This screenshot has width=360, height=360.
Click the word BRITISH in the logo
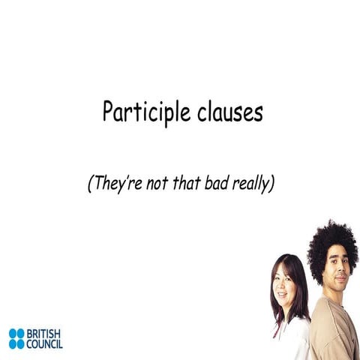pyautogui.click(x=44, y=333)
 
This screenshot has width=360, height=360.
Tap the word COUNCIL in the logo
pyautogui.click(x=45, y=343)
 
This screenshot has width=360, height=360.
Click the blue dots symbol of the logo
pyautogui.click(x=16, y=338)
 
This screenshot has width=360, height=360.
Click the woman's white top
pyautogui.click(x=289, y=341)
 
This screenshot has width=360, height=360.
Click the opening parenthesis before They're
pyautogui.click(x=90, y=184)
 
